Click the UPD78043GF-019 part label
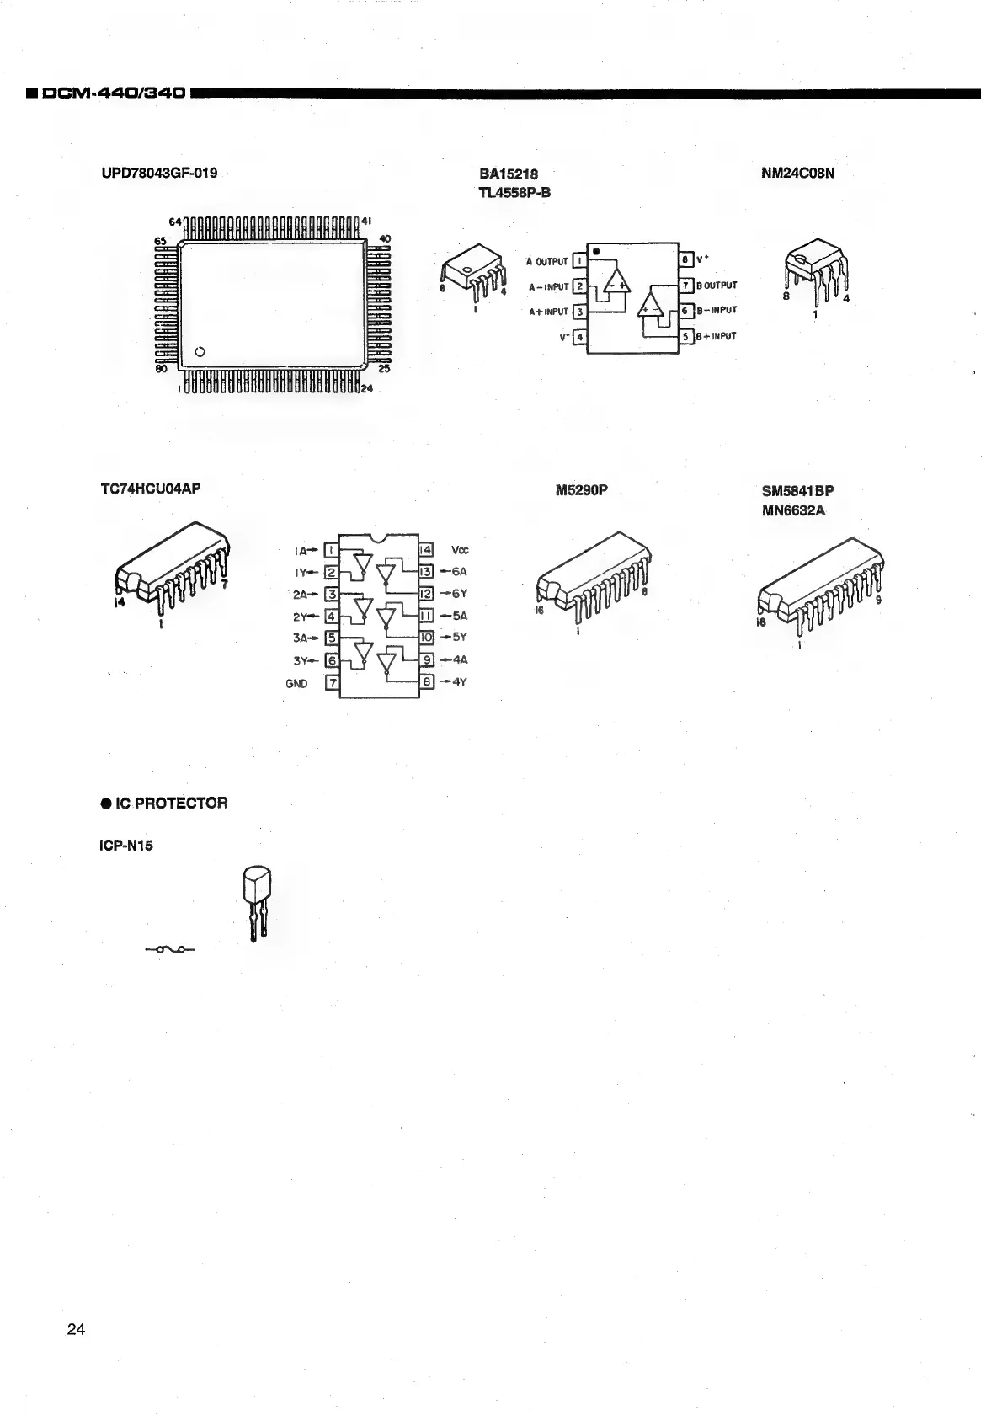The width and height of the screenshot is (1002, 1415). (x=159, y=174)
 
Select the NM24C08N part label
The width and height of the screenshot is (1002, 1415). (x=797, y=174)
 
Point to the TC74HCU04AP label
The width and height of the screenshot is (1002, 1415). (x=151, y=488)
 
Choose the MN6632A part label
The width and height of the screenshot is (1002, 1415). (x=793, y=510)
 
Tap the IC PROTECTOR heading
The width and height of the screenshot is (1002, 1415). (x=163, y=803)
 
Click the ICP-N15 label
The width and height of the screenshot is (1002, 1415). (x=127, y=845)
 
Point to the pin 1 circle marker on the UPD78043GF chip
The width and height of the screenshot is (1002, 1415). (x=200, y=351)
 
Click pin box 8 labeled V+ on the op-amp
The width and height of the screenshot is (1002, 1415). (x=685, y=259)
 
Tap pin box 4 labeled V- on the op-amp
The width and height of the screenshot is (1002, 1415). (x=579, y=338)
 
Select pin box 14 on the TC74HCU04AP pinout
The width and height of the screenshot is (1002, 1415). (x=426, y=550)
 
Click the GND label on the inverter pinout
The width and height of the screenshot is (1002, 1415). (x=297, y=683)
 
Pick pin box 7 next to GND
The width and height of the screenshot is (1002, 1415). (x=332, y=682)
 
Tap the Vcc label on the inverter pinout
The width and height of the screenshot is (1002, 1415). (x=460, y=550)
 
